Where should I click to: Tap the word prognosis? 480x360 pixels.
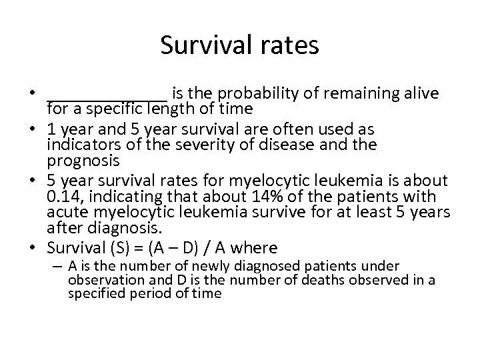83,160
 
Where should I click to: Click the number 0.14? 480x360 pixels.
63,197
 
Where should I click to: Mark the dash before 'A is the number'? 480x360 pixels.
59,266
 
